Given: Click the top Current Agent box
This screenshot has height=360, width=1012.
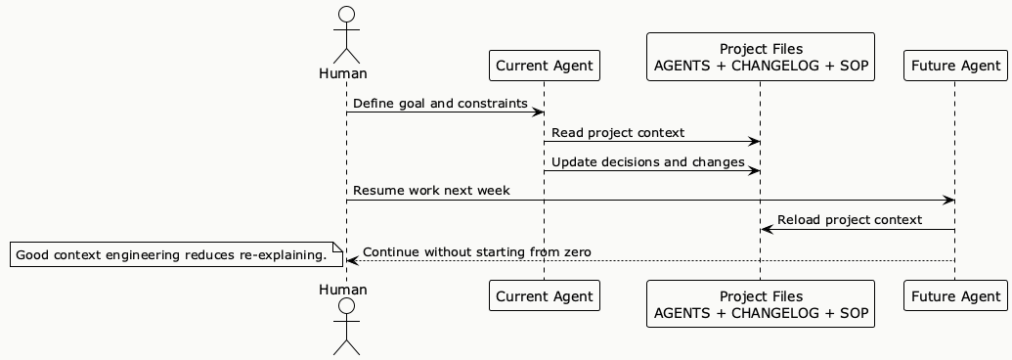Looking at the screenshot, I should click(543, 67).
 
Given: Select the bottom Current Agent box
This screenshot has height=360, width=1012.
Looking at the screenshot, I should click(543, 295).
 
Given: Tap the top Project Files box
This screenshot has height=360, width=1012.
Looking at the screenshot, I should click(760, 58).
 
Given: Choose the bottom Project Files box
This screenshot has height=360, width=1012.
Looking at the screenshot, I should click(760, 304).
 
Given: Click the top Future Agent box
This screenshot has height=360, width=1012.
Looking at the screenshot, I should click(954, 67).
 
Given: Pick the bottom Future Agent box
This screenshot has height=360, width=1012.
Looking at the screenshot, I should click(954, 295).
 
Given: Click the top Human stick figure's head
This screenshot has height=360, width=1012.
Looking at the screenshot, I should click(345, 15).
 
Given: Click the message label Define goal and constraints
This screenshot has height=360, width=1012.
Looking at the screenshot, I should click(440, 103).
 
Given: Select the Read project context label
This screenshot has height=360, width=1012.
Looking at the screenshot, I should click(617, 132).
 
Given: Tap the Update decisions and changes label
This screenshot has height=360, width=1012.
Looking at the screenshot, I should click(646, 161).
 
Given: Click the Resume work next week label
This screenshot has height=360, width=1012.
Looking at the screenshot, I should click(431, 190).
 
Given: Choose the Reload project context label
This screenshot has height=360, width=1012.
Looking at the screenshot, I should click(849, 219).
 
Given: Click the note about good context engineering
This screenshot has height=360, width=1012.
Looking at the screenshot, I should click(171, 255).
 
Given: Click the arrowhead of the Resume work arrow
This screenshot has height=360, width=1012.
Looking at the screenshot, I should click(948, 201).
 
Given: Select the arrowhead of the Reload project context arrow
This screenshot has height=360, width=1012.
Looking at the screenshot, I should click(767, 230).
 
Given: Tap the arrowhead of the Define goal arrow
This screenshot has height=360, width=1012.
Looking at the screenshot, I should click(538, 112).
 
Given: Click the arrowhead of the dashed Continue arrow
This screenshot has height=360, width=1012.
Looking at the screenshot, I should click(352, 261).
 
